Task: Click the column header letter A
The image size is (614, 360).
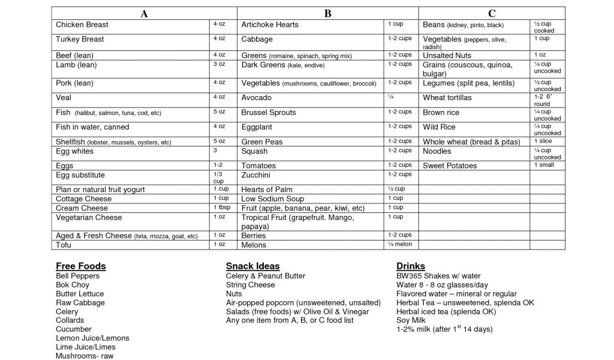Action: [x=144, y=14]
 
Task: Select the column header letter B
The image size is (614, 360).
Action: [x=327, y=14]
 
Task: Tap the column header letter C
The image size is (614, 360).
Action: [x=492, y=14]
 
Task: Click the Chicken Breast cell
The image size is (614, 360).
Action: [x=82, y=25]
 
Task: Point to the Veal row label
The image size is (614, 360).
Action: [x=64, y=97]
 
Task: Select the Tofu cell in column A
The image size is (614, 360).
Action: [x=64, y=245]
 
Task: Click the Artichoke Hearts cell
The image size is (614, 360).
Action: [x=270, y=25]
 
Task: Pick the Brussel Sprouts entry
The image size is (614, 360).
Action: [x=269, y=112]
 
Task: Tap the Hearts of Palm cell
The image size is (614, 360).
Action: [x=267, y=190]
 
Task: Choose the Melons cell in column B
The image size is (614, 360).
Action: [x=254, y=245]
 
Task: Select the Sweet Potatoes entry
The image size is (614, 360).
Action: [x=450, y=166]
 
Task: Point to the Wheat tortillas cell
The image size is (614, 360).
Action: [x=447, y=97]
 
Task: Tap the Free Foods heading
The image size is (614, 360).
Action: [x=81, y=266]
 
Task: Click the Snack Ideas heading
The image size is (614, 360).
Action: [x=252, y=266]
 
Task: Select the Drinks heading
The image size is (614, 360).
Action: [x=411, y=266]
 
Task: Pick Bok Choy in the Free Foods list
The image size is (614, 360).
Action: [x=73, y=285]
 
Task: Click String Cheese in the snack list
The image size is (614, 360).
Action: [x=250, y=285]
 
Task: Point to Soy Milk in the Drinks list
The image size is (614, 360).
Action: [x=413, y=320]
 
